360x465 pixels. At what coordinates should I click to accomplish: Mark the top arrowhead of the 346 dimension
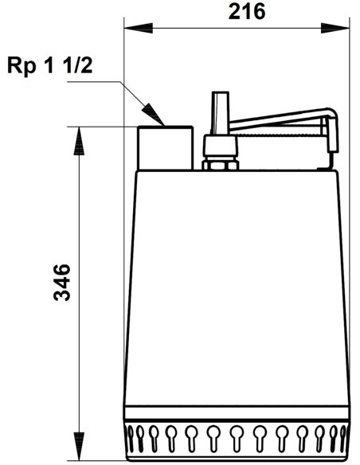(78, 138)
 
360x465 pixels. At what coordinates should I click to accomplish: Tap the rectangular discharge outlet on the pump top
(165, 147)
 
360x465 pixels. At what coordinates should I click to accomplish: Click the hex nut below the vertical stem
(220, 166)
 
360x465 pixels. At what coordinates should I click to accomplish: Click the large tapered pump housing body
(237, 295)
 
